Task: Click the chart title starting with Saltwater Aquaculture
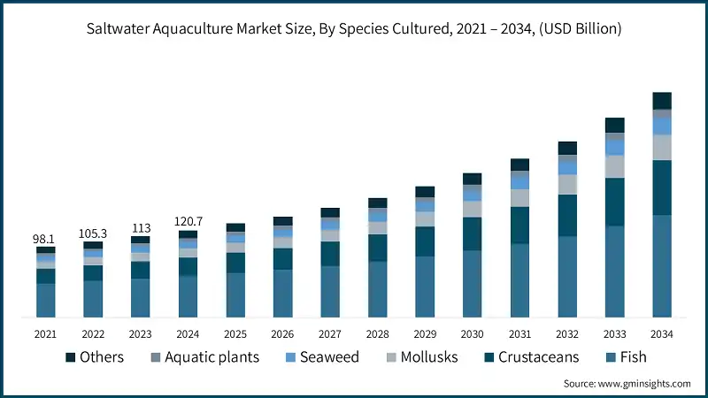(354, 29)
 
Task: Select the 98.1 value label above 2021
(45, 239)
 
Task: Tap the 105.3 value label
(93, 233)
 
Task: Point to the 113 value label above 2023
(140, 226)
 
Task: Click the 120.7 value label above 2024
(188, 220)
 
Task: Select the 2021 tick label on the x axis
(45, 333)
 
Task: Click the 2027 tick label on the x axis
(330, 333)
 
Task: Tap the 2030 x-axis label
(472, 333)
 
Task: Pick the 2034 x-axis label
(662, 333)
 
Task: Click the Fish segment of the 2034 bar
(662, 265)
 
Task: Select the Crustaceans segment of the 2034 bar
(662, 188)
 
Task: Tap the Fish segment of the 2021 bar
(45, 300)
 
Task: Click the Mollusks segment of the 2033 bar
(614, 166)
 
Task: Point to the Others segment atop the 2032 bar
(567, 148)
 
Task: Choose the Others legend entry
(93, 357)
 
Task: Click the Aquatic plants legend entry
(206, 357)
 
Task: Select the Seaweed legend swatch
(289, 357)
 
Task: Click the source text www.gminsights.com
(627, 384)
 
